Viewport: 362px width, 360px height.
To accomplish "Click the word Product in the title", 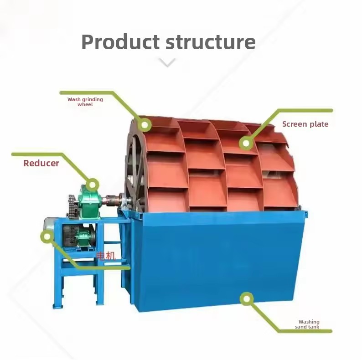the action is click(x=120, y=42).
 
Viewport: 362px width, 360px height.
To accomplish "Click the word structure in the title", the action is click(x=211, y=42).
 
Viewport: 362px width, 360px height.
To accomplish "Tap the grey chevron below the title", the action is click(x=167, y=62).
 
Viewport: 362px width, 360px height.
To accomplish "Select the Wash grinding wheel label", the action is click(x=85, y=102).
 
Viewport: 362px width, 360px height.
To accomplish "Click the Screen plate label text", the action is click(x=305, y=124).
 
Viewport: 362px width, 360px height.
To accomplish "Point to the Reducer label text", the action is click(x=41, y=163).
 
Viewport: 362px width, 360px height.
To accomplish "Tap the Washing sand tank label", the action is click(x=307, y=324).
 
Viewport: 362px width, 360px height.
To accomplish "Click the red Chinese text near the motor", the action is click(x=106, y=256).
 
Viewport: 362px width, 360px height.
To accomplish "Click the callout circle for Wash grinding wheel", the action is click(x=145, y=125).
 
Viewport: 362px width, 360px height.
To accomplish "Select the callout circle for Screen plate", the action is click(x=246, y=143).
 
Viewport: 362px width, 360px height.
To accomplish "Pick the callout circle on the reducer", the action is click(x=93, y=185).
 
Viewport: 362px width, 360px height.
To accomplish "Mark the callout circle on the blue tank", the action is click(x=247, y=299).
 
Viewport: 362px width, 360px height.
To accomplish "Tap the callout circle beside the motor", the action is click(x=47, y=237).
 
